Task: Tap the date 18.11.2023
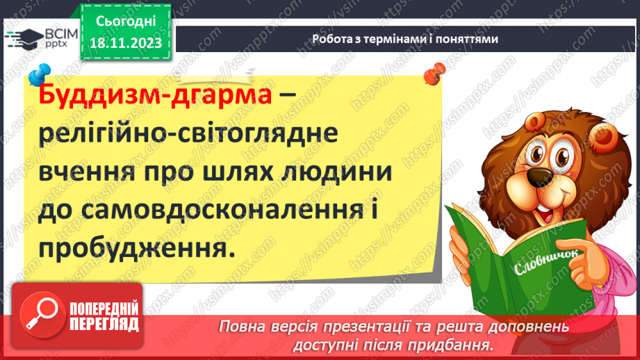[x=124, y=43]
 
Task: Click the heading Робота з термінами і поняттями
[x=405, y=40]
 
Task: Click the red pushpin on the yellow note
[x=437, y=69]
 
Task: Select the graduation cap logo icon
[x=22, y=39]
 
